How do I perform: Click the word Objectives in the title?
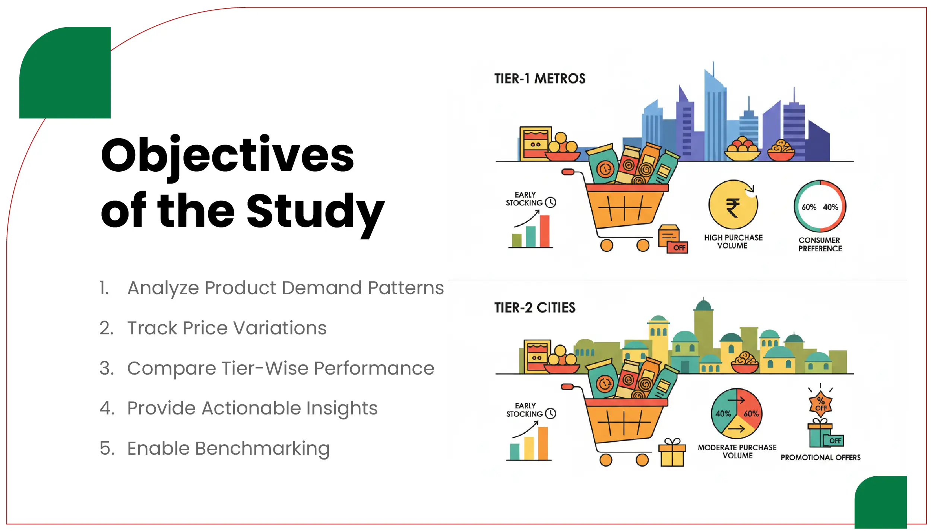[227, 156]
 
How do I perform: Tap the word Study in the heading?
[315, 212]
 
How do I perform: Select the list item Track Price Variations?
[227, 328]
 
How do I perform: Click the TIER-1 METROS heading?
[539, 79]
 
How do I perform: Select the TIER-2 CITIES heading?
[535, 308]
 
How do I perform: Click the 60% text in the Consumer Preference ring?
[809, 207]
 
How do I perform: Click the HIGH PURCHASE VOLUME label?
[733, 241]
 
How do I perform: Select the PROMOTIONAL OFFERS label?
[820, 457]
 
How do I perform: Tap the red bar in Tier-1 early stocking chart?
[545, 231]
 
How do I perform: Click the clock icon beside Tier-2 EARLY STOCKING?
[550, 413]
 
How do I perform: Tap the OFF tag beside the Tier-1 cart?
[679, 248]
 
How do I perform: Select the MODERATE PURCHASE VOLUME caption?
[737, 451]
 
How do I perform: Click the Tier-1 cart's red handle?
[568, 172]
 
